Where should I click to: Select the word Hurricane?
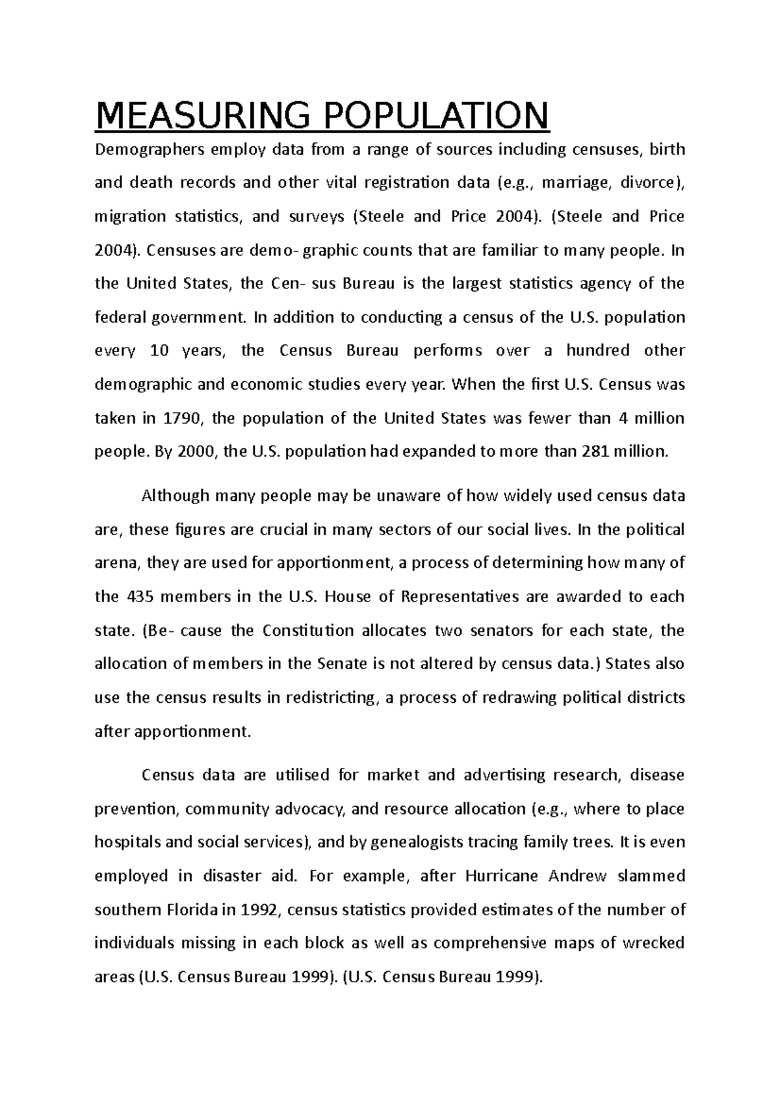(x=502, y=876)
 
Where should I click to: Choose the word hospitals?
(x=127, y=843)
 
